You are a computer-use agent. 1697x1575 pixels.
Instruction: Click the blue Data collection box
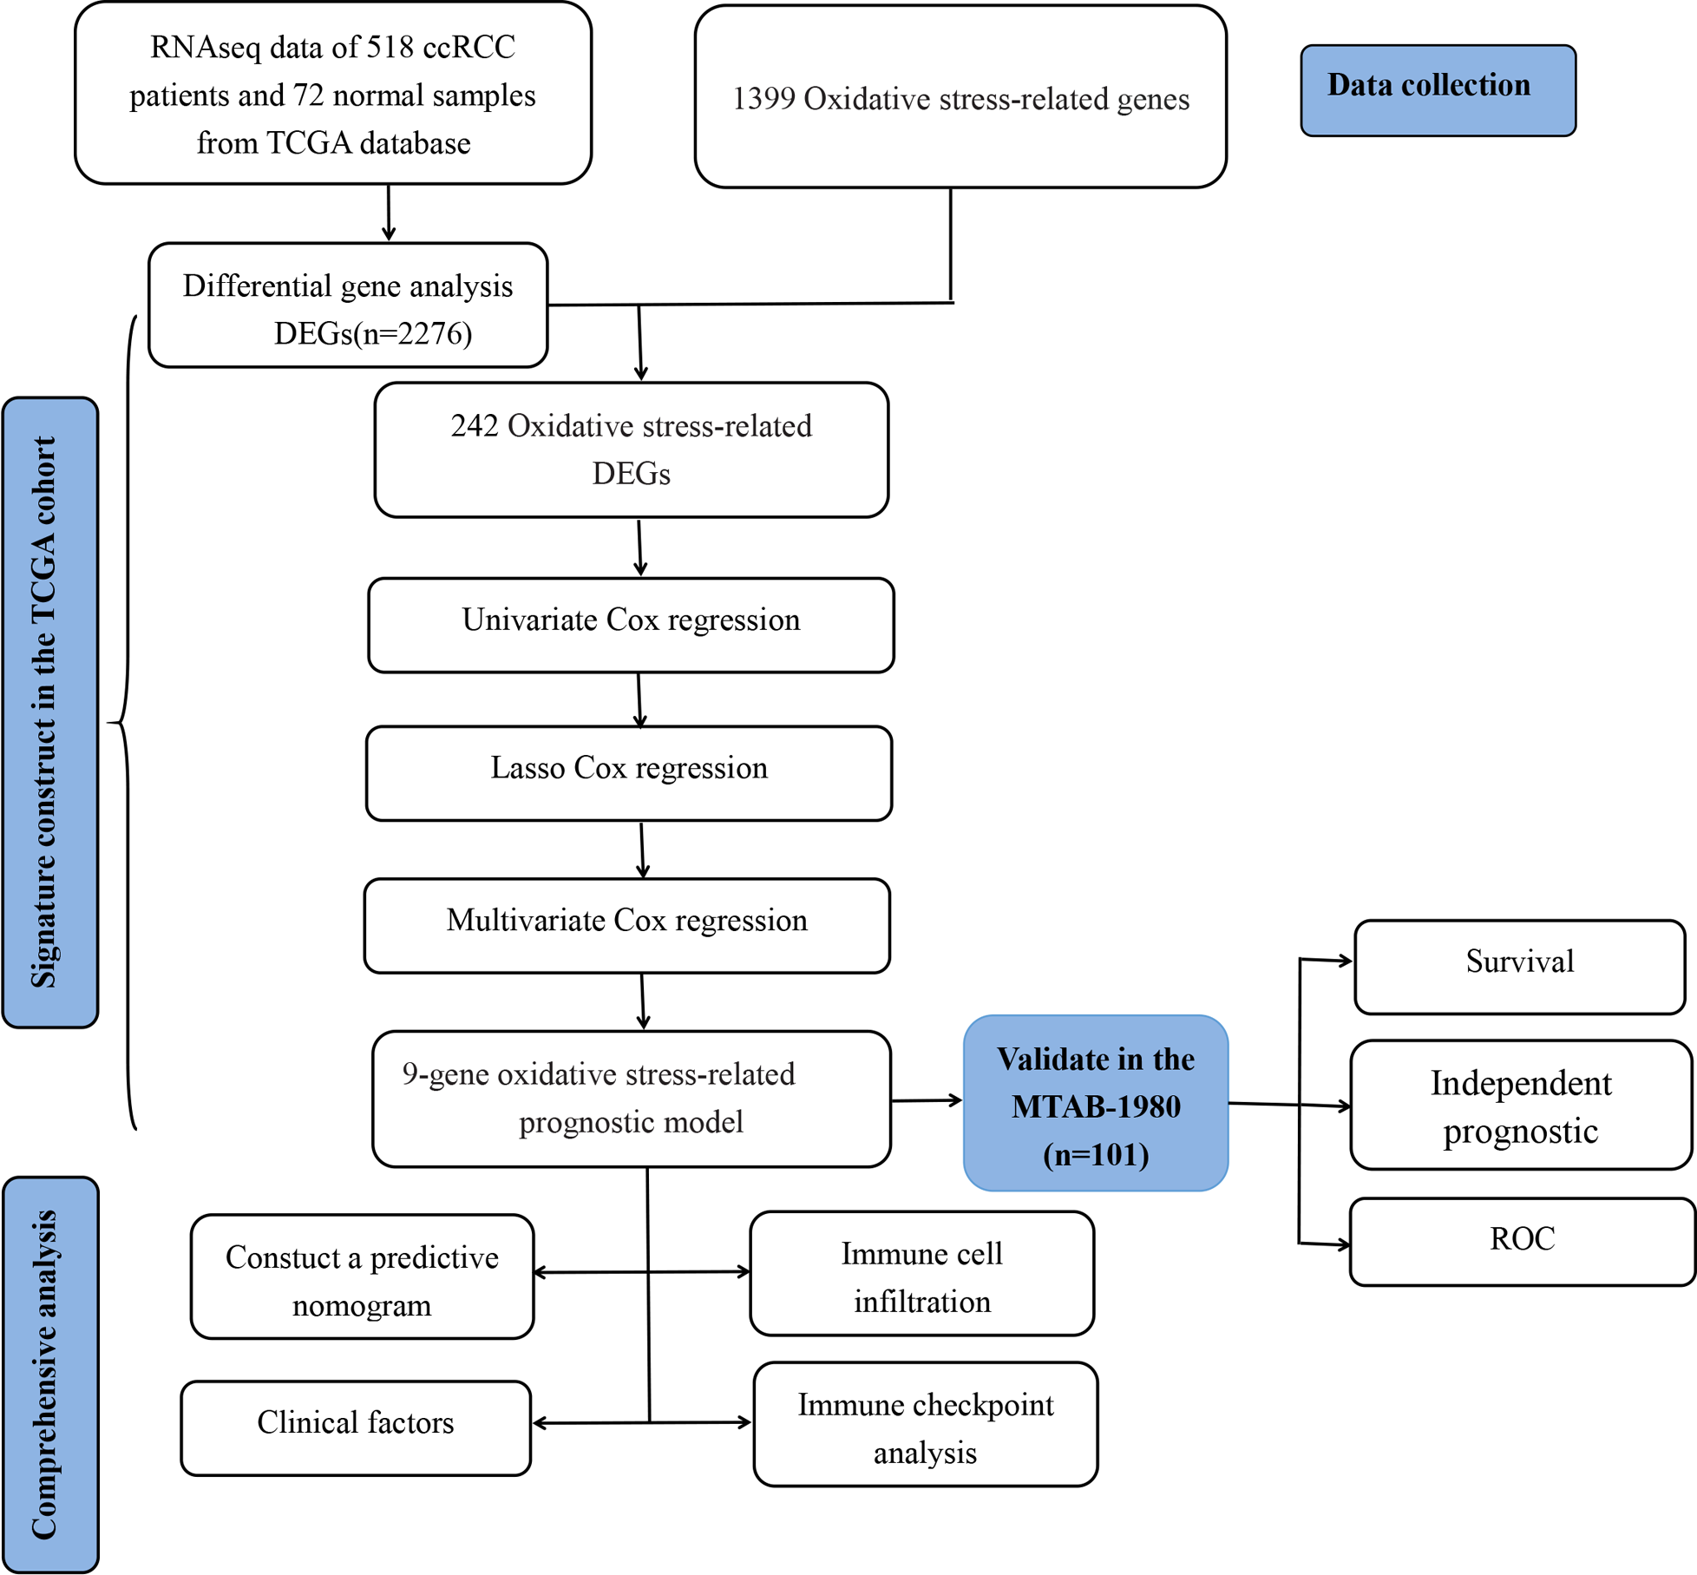click(x=1438, y=90)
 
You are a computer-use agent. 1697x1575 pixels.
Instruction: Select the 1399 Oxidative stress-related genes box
click(x=960, y=97)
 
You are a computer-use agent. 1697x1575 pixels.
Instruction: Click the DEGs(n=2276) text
click(x=373, y=333)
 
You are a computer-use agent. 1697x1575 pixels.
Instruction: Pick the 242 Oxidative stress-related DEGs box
click(x=631, y=450)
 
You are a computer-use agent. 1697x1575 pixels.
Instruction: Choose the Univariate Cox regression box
click(x=631, y=625)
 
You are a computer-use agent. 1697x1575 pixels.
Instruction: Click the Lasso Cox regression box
click(x=629, y=772)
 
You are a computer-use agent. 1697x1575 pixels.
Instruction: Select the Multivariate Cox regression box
click(x=626, y=925)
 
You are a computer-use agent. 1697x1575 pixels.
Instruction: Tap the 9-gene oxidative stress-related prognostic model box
click(x=631, y=1099)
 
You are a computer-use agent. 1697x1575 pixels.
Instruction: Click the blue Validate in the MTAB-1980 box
click(x=1095, y=1103)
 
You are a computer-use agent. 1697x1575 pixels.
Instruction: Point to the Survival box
click(x=1519, y=966)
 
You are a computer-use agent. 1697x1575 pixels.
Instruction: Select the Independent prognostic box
click(x=1520, y=1105)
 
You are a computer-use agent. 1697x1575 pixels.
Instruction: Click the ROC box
click(x=1522, y=1241)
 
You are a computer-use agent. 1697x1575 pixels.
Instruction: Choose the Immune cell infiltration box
click(x=921, y=1273)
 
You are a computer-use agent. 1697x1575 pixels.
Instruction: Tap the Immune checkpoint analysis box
click(x=925, y=1424)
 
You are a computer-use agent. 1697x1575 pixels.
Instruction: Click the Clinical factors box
click(x=355, y=1423)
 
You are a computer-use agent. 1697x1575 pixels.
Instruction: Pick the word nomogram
click(x=362, y=1305)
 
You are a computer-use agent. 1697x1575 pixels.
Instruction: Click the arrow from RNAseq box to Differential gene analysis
click(x=389, y=213)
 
